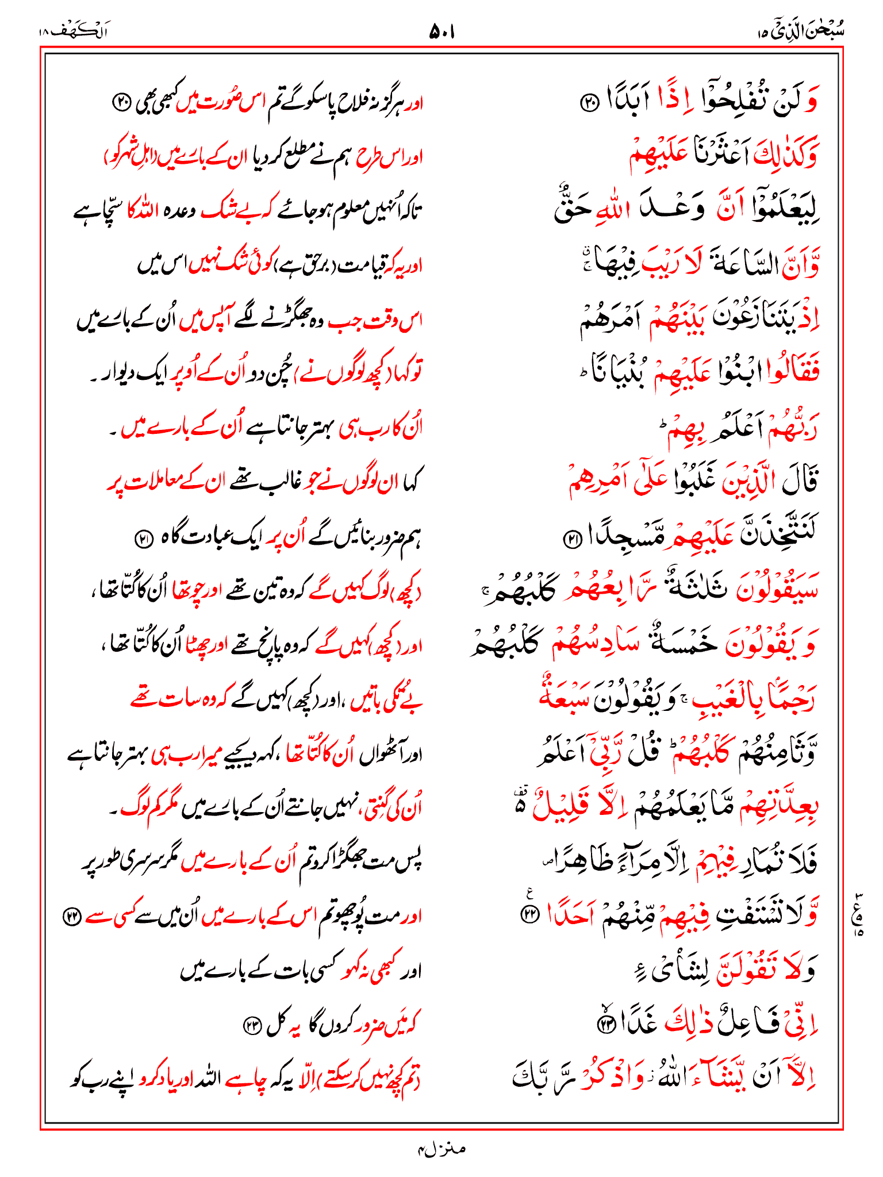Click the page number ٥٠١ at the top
441,32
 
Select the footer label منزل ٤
441,1149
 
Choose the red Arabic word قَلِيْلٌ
562,807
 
